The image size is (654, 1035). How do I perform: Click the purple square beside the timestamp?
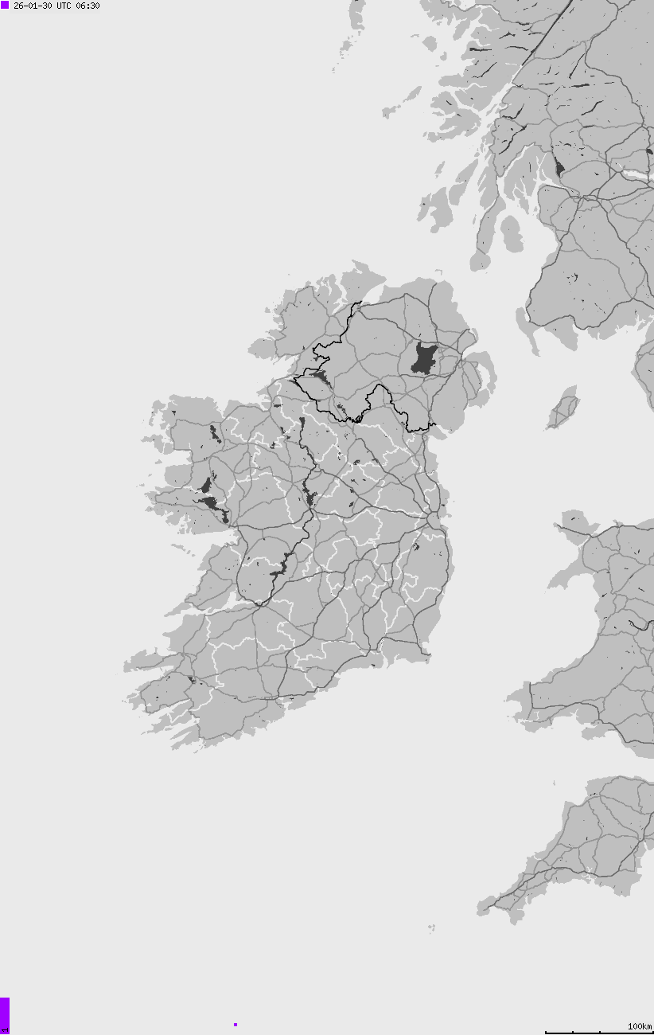point(5,6)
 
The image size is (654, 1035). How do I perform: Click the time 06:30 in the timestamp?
point(88,6)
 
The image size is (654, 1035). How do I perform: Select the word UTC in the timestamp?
point(64,6)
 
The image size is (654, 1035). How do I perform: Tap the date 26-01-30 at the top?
point(33,6)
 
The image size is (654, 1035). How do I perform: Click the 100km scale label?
point(640,1026)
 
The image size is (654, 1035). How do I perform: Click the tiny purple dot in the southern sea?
point(236,1025)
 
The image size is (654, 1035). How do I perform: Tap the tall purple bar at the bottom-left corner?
point(4,1014)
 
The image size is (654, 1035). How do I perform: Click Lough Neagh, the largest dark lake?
point(424,360)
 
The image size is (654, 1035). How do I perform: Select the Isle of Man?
point(564,407)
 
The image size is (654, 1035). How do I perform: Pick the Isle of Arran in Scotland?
point(512,233)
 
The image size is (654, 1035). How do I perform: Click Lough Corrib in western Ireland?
point(212,503)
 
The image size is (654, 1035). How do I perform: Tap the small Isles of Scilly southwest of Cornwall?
point(431,928)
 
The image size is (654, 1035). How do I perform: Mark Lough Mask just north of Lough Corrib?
point(207,484)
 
